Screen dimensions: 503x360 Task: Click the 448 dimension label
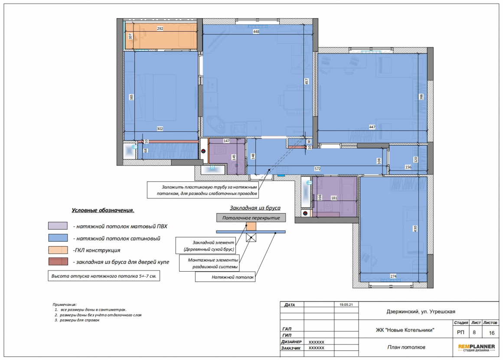[x=256, y=32]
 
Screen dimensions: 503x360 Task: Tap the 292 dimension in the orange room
[x=160, y=29]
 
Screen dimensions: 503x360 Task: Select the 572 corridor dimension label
[x=317, y=169]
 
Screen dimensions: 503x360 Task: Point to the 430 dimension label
[x=415, y=229]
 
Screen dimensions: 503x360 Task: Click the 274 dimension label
[x=394, y=276]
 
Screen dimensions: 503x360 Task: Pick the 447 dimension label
[x=372, y=127]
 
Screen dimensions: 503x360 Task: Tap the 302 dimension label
[x=160, y=129]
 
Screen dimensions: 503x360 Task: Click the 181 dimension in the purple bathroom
[x=334, y=198]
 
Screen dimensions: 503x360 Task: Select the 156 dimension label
[x=408, y=167]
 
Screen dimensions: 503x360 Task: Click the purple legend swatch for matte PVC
[x=58, y=226]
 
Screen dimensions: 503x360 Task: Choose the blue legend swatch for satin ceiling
[x=58, y=238]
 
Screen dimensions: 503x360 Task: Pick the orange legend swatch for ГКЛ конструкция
[x=58, y=250]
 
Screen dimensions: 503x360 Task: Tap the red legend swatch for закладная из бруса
[x=58, y=262]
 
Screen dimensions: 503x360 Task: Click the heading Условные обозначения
[x=103, y=210]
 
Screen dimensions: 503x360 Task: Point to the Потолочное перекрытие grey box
[x=251, y=218]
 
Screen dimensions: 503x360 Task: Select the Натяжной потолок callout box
[x=225, y=277]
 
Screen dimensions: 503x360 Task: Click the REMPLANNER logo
[x=477, y=347]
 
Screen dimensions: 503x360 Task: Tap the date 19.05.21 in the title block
[x=346, y=305]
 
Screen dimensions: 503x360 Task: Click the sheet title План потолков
[x=406, y=347]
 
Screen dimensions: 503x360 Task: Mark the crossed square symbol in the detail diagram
[x=251, y=237]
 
